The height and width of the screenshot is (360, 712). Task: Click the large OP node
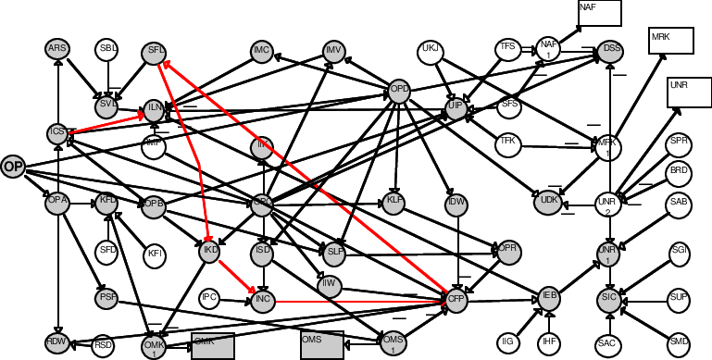(x=13, y=167)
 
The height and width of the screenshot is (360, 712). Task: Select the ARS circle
(x=58, y=50)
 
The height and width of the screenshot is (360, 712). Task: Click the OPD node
(x=399, y=91)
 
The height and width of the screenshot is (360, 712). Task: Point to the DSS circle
(x=610, y=50)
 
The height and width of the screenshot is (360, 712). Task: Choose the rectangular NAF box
(x=599, y=12)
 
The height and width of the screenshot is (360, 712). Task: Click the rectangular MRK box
(x=671, y=40)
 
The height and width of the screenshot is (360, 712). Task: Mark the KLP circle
(x=394, y=203)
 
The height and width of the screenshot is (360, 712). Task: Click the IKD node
(x=210, y=251)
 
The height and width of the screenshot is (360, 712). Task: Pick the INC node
(x=262, y=300)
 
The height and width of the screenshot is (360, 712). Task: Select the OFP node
(x=456, y=300)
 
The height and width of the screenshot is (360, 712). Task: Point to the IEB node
(x=550, y=297)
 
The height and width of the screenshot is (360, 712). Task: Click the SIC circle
(x=608, y=299)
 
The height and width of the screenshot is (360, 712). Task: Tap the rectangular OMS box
(x=321, y=343)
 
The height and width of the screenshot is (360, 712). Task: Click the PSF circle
(x=106, y=299)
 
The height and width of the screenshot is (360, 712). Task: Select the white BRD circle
(x=680, y=171)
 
